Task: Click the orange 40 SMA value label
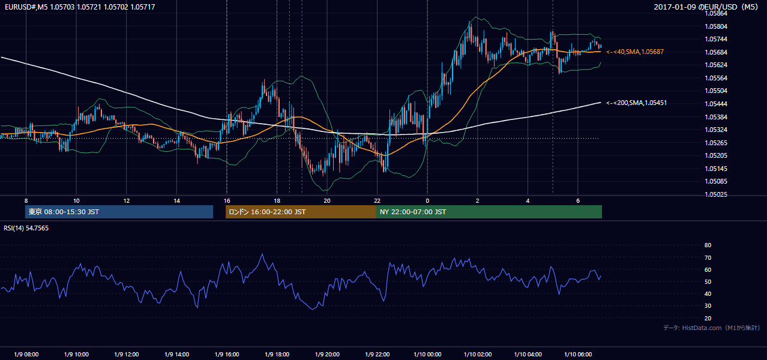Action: point(635,52)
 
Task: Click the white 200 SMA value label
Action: point(637,103)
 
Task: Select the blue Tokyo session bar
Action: point(119,212)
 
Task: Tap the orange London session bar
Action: point(301,212)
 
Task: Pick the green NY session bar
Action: point(489,212)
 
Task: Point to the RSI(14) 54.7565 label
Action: point(26,228)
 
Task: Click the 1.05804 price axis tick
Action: point(716,26)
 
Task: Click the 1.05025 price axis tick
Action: point(716,194)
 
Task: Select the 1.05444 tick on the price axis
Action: point(716,104)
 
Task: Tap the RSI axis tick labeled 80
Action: point(708,245)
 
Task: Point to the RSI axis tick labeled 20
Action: point(708,318)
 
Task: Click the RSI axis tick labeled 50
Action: point(708,281)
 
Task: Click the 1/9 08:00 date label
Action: point(26,354)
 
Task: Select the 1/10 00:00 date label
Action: point(427,354)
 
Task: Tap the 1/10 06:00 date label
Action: point(578,354)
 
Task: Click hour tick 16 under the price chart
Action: point(227,201)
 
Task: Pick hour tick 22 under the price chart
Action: point(377,201)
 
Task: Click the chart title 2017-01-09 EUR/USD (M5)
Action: point(706,7)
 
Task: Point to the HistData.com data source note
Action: point(712,328)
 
